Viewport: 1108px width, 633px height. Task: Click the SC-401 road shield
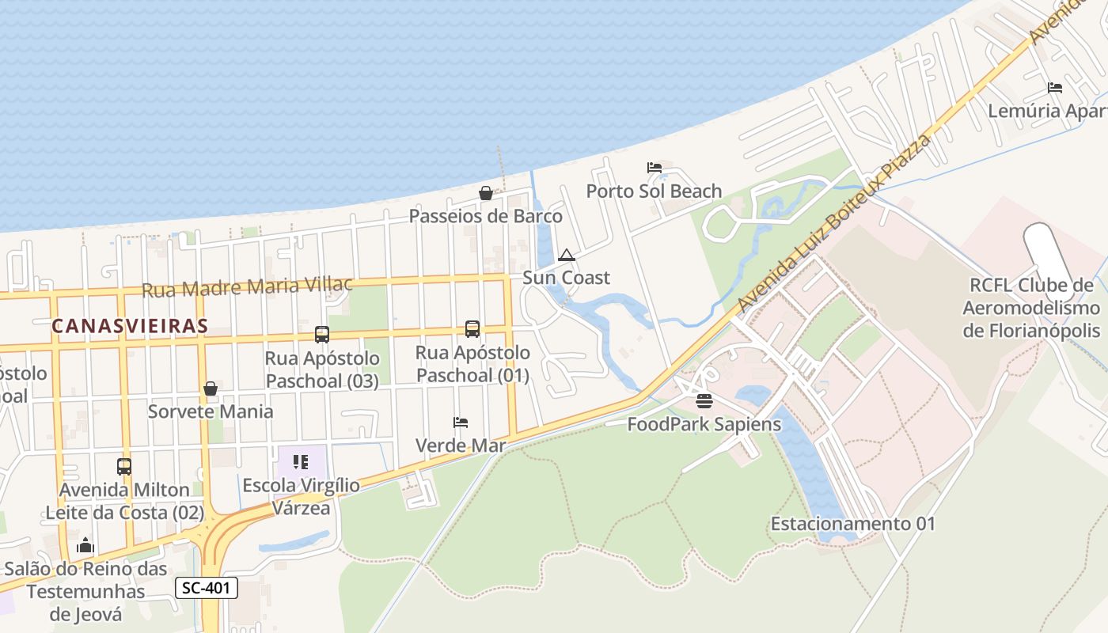coord(206,588)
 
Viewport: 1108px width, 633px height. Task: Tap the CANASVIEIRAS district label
coord(130,325)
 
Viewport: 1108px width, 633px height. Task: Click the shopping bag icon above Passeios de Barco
coord(486,193)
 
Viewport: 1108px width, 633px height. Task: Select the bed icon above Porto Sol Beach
coord(654,168)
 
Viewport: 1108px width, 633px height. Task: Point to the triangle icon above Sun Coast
coord(566,255)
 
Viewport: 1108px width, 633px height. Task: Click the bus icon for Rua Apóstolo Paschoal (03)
coord(321,335)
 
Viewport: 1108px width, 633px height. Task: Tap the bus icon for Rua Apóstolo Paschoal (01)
coord(472,329)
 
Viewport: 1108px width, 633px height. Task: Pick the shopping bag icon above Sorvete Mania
coord(211,389)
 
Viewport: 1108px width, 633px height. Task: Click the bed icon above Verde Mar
coord(461,423)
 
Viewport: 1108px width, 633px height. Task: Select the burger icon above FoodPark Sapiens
coord(704,401)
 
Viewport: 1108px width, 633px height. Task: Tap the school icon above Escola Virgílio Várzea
coord(301,461)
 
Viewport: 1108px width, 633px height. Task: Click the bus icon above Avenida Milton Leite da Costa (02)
coord(124,467)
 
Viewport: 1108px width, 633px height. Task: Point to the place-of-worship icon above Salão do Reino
coord(85,545)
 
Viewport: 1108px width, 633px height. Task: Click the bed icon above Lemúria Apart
coord(1054,87)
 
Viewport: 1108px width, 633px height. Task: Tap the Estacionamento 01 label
coord(853,524)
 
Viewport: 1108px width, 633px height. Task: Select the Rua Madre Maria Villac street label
coord(247,286)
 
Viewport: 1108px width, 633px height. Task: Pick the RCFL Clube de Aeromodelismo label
coord(1031,308)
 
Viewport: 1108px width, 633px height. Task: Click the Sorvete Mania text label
coord(211,411)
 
